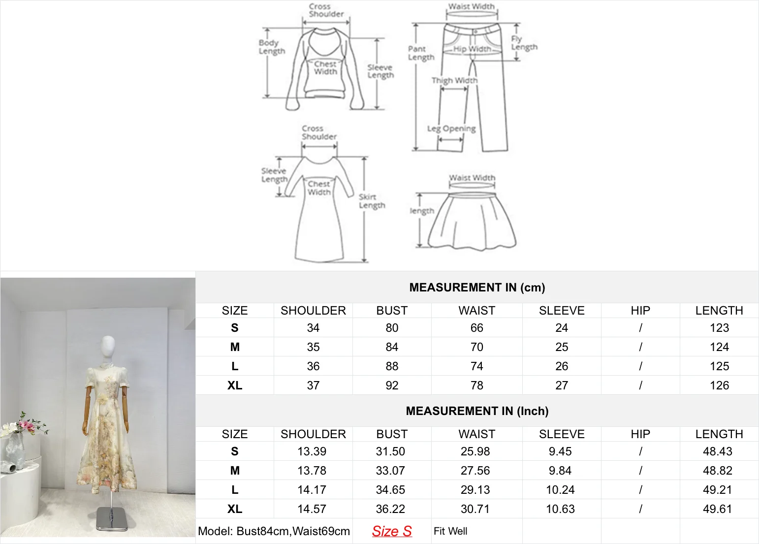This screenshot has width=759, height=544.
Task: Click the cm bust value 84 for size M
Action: coord(392,347)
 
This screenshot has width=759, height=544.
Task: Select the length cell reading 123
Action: coord(719,328)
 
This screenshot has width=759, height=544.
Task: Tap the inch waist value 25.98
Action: coord(475,451)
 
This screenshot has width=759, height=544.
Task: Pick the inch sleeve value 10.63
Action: coord(560,509)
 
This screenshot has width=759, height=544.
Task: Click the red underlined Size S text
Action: coord(392,531)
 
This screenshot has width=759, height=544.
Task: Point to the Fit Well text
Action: coord(450,531)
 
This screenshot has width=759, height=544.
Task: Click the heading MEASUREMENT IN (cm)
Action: coord(477,288)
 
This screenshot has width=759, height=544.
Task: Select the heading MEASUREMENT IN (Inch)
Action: coord(477,411)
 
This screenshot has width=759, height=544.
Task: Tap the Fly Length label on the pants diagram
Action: coord(524,43)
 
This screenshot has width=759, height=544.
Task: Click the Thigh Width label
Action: coord(454,80)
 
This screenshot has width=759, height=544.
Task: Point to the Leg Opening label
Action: coord(451,129)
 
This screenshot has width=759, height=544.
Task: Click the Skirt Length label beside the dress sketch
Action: coord(372,201)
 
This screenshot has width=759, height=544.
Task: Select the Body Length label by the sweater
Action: coord(272,47)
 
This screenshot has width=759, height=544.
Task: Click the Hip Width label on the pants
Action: coord(472,49)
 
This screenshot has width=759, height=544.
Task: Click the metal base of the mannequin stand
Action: coord(112,519)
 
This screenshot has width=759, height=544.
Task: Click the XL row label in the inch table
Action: coord(234,509)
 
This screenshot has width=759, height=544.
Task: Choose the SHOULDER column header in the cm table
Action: coord(313,311)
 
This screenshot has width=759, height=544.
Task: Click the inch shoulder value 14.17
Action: coord(312,489)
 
